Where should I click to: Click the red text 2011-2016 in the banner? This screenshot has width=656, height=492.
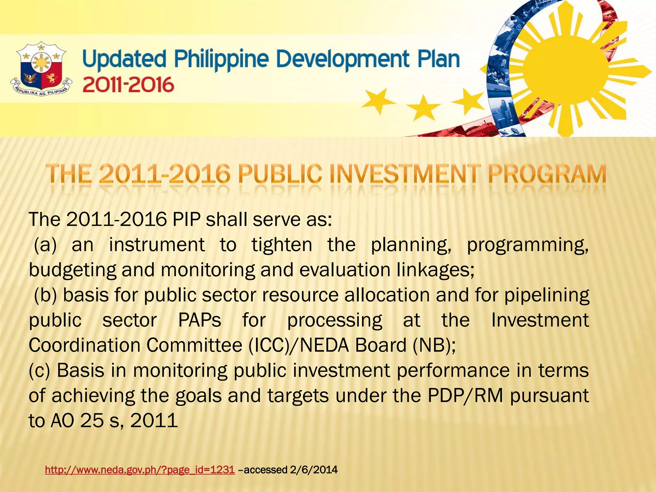128,85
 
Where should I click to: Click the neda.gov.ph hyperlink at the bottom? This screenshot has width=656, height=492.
140,470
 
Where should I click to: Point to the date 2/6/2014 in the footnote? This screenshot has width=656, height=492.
314,470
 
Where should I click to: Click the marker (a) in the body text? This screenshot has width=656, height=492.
45,245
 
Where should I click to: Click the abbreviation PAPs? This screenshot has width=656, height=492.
200,320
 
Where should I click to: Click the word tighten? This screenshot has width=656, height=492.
282,245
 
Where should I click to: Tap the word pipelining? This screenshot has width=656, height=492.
547,295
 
